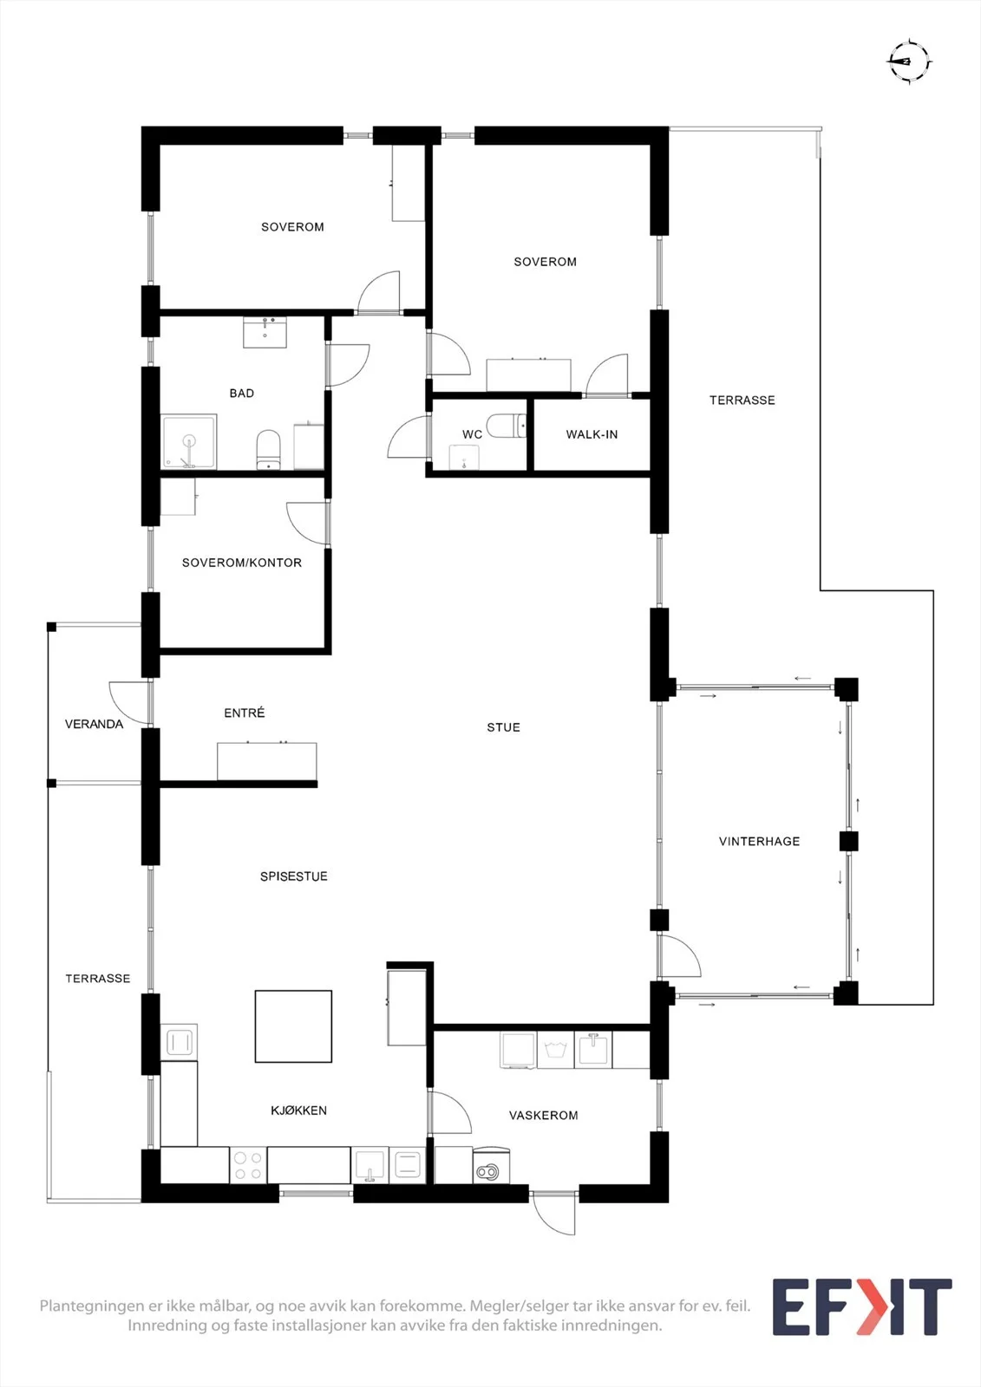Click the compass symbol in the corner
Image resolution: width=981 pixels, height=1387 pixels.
(x=909, y=62)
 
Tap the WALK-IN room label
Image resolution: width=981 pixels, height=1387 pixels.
(x=592, y=434)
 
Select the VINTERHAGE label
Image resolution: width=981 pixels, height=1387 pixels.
(x=759, y=841)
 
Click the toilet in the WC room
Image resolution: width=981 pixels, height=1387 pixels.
(x=506, y=426)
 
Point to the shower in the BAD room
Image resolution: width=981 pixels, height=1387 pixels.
(x=188, y=441)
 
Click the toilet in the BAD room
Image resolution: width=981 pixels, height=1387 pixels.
(x=268, y=450)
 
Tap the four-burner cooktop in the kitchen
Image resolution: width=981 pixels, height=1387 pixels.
(x=248, y=1165)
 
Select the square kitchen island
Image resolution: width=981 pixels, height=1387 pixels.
(x=293, y=1026)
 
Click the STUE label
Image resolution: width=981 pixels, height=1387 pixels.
(x=503, y=727)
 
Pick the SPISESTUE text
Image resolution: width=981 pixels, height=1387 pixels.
(x=294, y=876)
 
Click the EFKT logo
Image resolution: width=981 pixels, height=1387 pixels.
(x=862, y=1306)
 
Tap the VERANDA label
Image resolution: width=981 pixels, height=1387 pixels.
(x=95, y=724)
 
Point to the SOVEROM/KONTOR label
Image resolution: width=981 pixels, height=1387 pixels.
(x=242, y=563)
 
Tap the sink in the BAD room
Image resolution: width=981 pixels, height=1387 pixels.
(x=265, y=332)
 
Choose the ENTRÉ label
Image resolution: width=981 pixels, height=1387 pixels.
(x=244, y=713)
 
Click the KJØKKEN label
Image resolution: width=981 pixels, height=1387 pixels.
(x=298, y=1110)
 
